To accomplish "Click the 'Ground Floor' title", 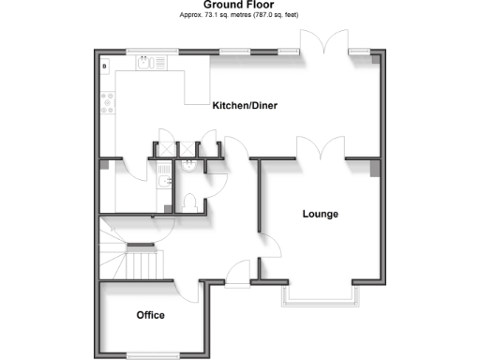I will point(240,6).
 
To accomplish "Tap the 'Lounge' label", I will point(320,214).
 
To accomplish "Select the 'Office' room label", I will point(151,314).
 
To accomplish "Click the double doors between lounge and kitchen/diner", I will point(320,150).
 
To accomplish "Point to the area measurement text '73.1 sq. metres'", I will point(221,16).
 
